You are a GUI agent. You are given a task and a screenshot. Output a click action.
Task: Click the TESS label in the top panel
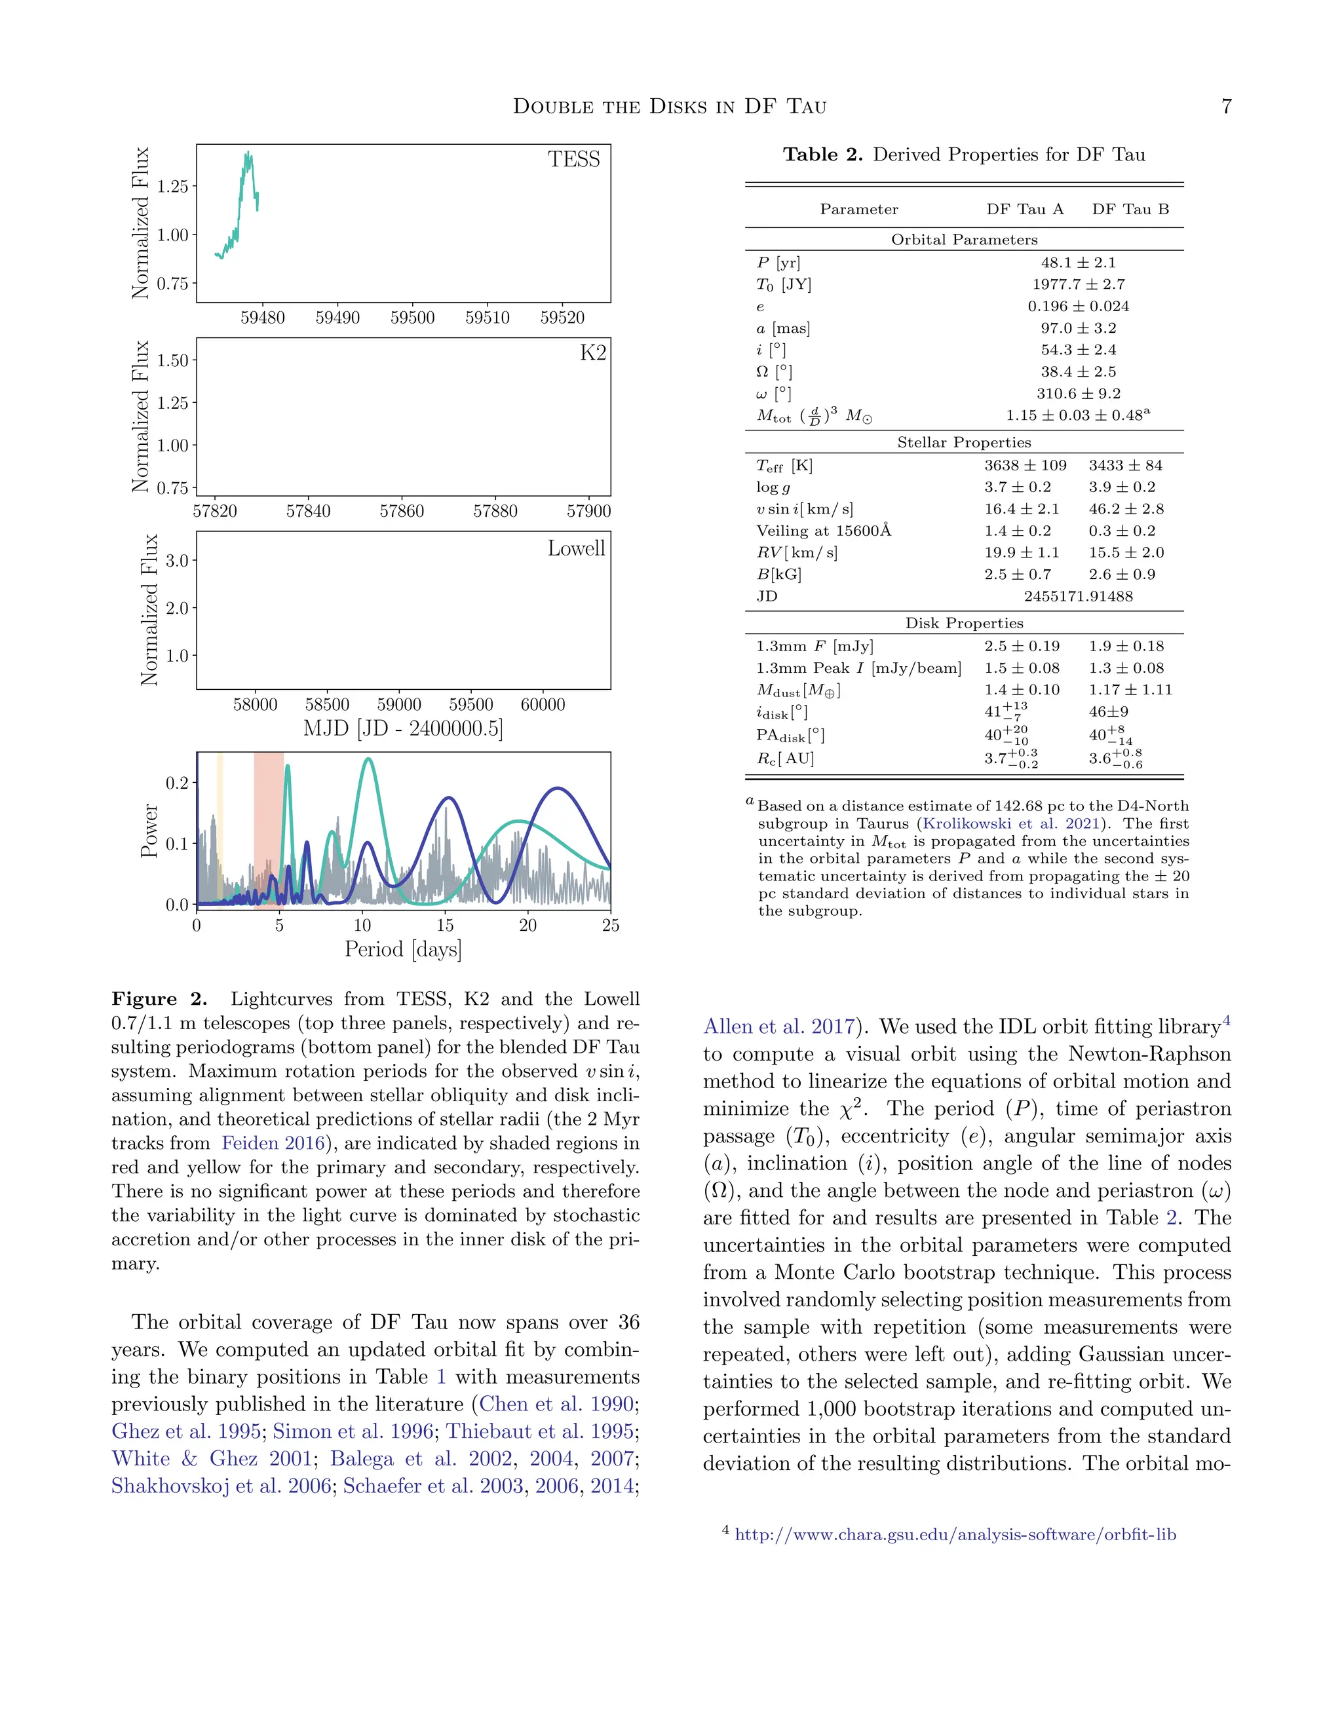point(573,160)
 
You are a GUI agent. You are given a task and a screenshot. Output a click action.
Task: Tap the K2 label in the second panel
point(592,353)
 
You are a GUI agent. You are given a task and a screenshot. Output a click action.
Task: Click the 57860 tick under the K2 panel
point(402,511)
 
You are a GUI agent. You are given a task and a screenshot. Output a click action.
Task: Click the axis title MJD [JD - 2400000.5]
point(403,728)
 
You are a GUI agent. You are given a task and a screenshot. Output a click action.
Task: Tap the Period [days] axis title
point(403,949)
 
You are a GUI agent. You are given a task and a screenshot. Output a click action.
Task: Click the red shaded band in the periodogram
point(268,827)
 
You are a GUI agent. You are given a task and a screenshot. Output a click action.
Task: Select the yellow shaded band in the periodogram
point(220,827)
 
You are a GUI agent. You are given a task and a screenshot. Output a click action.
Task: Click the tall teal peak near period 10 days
point(368,761)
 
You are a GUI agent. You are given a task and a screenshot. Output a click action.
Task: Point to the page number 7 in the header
point(1226,107)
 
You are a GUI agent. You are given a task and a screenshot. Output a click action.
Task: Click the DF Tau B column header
point(1130,209)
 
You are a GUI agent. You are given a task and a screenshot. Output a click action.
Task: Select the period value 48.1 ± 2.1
point(1077,262)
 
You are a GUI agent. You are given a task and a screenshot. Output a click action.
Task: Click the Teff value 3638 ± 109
point(1025,465)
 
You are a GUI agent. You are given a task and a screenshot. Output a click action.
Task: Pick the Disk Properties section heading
point(963,623)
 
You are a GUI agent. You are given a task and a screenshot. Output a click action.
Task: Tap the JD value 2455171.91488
point(1077,596)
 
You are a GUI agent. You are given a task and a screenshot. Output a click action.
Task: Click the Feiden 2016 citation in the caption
point(273,1143)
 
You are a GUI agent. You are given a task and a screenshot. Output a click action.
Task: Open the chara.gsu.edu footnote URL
point(955,1535)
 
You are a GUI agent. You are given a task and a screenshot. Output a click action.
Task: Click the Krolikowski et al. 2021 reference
point(1011,823)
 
